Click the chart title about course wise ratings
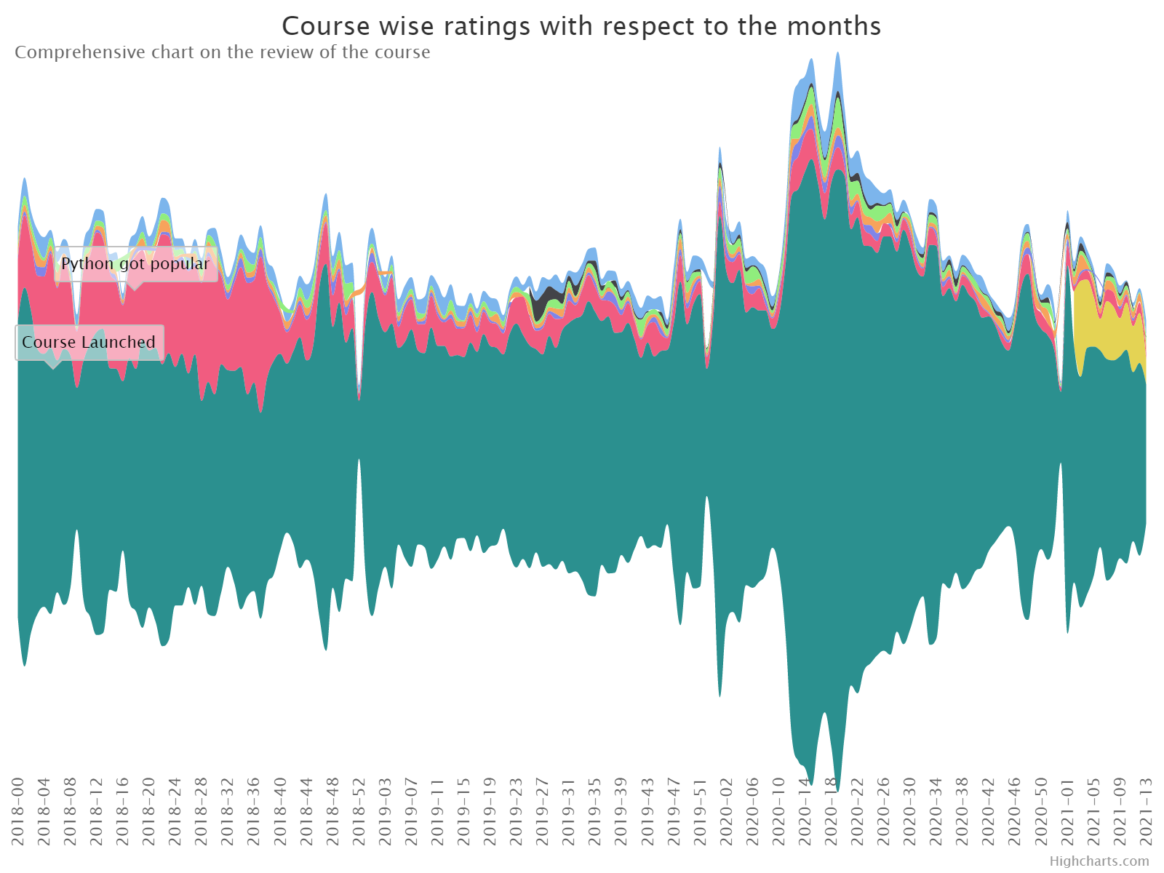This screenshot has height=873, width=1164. [581, 26]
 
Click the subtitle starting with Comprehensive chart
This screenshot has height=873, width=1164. [222, 52]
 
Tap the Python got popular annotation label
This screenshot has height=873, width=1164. [136, 263]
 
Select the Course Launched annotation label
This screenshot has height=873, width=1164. [89, 342]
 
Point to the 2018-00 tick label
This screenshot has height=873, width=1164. [17, 811]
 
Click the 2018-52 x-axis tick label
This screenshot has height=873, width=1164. [359, 811]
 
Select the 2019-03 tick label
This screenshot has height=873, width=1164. [385, 811]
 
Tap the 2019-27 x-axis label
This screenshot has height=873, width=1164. [543, 811]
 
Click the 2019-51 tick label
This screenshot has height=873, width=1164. [700, 811]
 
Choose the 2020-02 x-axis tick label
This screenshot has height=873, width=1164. [726, 811]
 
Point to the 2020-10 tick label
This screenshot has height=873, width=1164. [778, 811]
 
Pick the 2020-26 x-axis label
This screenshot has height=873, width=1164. [883, 811]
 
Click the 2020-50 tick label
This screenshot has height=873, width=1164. [1041, 811]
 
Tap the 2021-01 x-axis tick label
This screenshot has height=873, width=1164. [1067, 811]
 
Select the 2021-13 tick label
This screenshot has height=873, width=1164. [1146, 811]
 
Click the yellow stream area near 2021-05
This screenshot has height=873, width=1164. [1093, 318]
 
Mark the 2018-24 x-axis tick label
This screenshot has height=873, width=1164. [175, 811]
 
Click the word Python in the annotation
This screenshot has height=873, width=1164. [87, 264]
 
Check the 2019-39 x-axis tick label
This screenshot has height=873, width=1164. [621, 811]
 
